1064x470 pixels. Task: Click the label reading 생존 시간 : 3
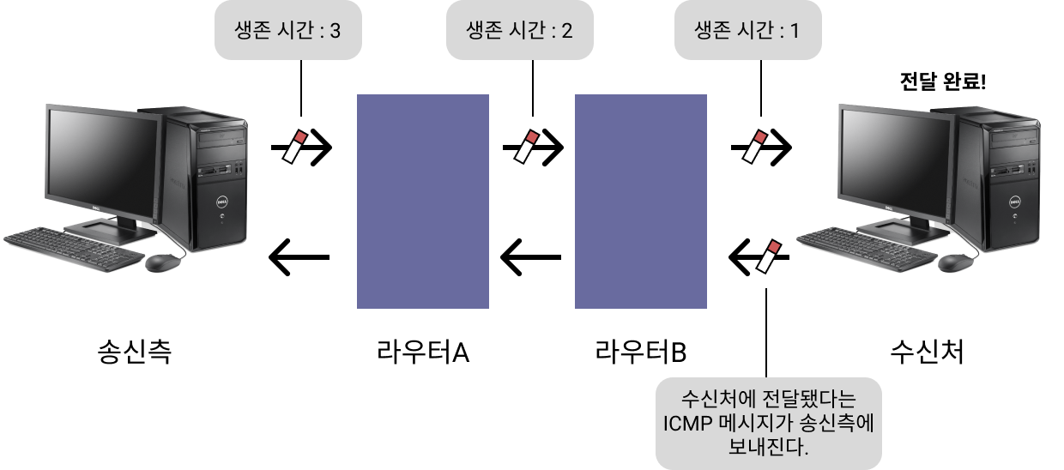(x=287, y=32)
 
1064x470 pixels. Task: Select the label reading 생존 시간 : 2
(x=519, y=32)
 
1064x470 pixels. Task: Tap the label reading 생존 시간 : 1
(x=747, y=32)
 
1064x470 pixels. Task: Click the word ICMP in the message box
(x=687, y=423)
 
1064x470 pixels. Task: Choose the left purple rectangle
(x=422, y=201)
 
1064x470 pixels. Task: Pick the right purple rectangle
(x=640, y=201)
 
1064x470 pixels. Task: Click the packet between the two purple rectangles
(x=526, y=147)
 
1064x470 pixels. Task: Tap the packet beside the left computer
(x=295, y=147)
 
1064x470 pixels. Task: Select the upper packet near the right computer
(x=755, y=147)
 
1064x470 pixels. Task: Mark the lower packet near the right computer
(x=769, y=257)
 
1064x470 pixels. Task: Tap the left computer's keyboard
(x=74, y=244)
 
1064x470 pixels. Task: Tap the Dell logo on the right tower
(x=1014, y=203)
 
